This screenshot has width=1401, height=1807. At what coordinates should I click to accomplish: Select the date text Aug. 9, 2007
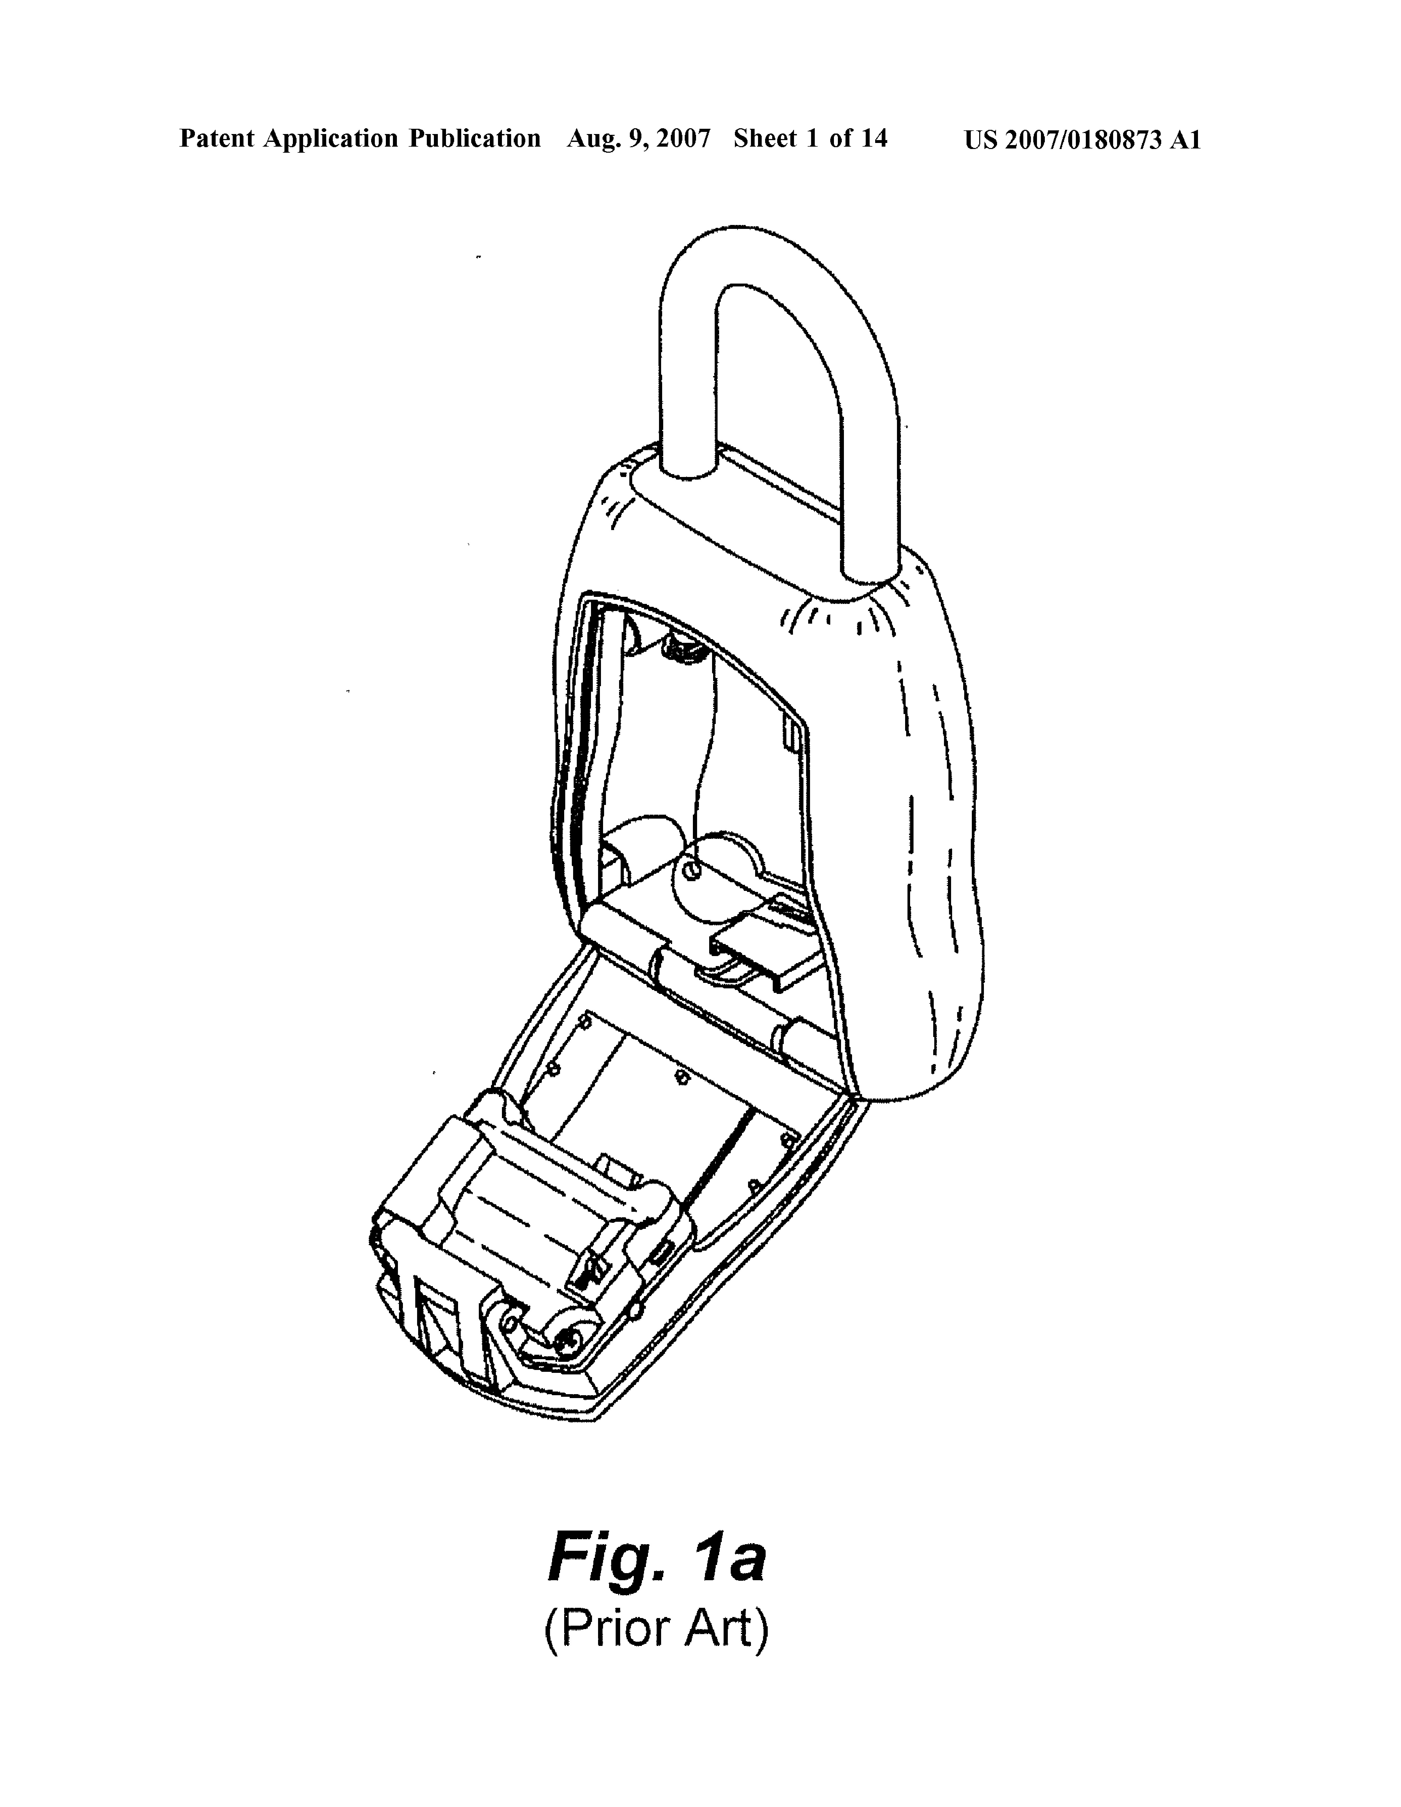(x=638, y=139)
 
